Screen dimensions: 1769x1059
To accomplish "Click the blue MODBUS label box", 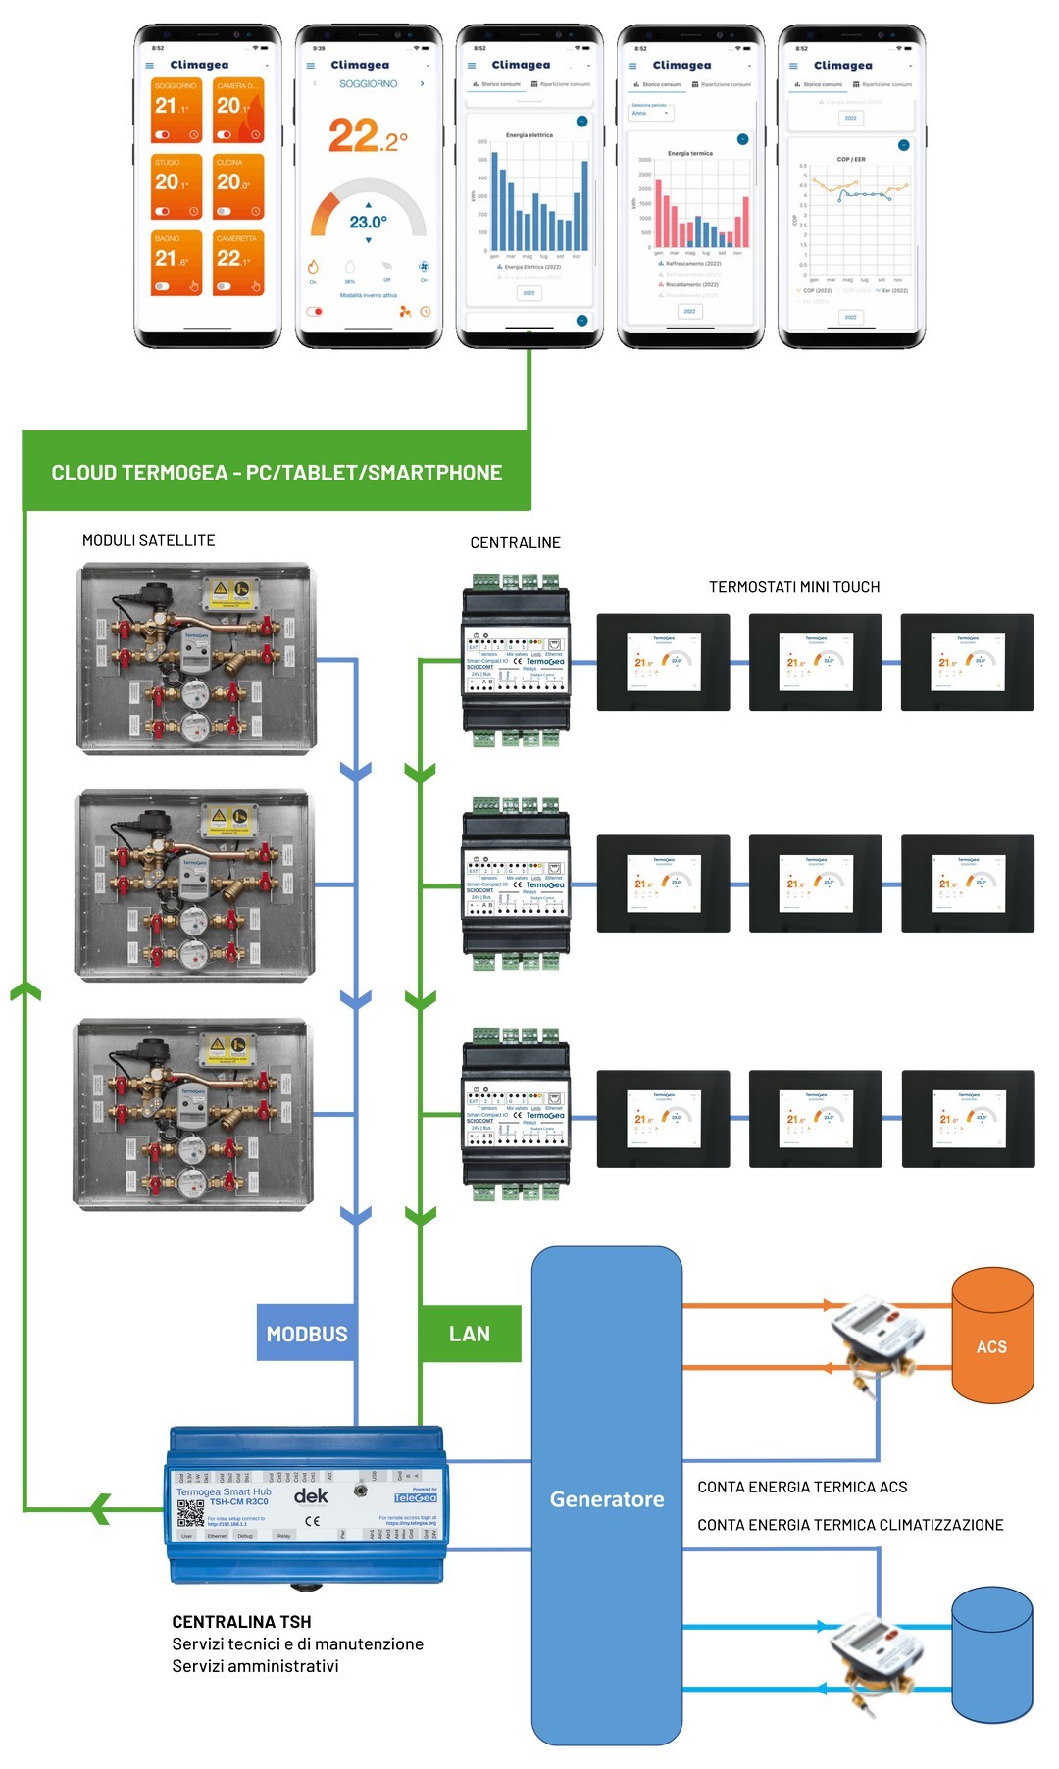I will click(x=306, y=1334).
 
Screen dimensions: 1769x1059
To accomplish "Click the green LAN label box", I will click(x=470, y=1334).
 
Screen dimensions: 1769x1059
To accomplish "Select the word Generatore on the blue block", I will click(x=607, y=1499).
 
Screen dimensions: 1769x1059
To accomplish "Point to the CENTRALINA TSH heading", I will click(x=241, y=1622).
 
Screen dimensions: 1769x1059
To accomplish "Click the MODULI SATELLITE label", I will click(x=148, y=540).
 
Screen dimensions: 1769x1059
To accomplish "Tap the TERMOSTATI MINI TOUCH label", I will click(x=794, y=587).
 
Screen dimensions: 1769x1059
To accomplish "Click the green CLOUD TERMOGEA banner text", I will click(x=277, y=473).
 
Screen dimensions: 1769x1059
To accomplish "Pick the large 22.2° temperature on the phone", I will click(x=368, y=135).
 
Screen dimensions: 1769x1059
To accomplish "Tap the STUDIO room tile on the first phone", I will click(x=177, y=186).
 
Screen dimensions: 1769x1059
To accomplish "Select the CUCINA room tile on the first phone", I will click(x=238, y=186).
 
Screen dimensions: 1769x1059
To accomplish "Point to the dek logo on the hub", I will click(x=311, y=1496).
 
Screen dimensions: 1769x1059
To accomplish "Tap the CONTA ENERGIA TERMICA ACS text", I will click(x=802, y=1488).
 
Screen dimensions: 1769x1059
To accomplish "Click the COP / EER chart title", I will click(x=851, y=159).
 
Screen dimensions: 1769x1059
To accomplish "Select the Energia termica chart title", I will click(x=690, y=153).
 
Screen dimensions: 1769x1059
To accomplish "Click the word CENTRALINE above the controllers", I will click(x=515, y=543).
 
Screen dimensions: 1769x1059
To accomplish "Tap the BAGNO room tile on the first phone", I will click(x=177, y=262).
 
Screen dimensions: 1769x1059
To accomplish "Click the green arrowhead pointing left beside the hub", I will click(x=100, y=1507).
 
